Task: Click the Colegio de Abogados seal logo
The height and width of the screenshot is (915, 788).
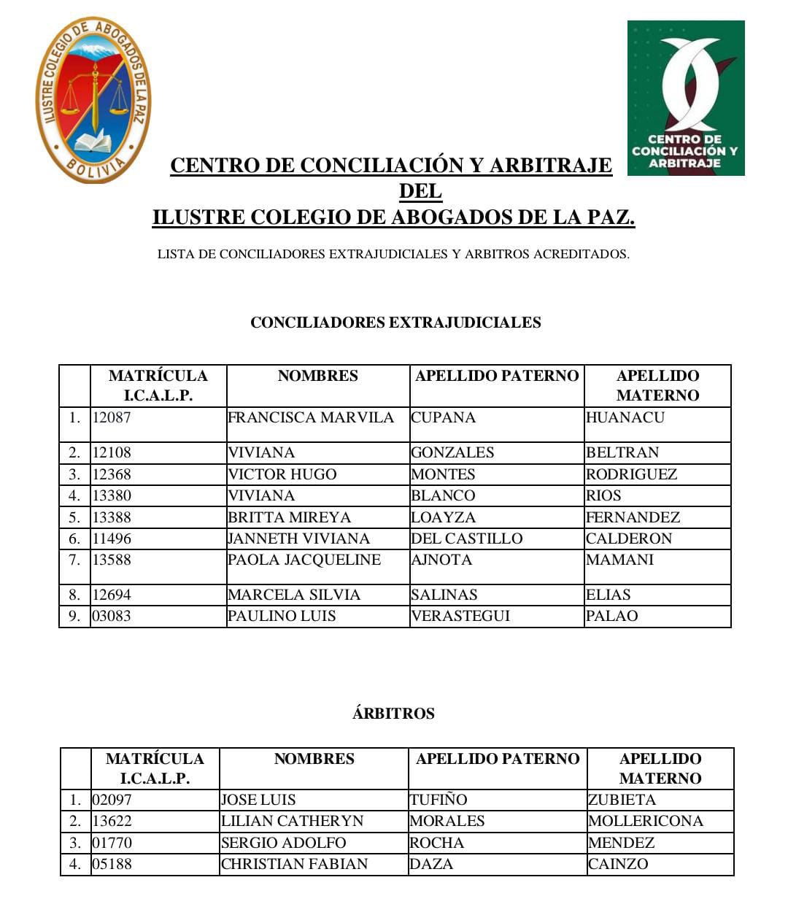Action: pyautogui.click(x=93, y=100)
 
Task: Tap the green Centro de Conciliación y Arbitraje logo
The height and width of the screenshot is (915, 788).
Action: pyautogui.click(x=685, y=98)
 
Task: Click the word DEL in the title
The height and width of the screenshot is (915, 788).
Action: pyautogui.click(x=420, y=191)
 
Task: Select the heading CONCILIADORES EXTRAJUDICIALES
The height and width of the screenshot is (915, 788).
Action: pyautogui.click(x=395, y=323)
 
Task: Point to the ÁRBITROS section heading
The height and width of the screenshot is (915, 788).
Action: pyautogui.click(x=393, y=714)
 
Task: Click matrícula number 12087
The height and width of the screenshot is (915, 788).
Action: pyautogui.click(x=112, y=418)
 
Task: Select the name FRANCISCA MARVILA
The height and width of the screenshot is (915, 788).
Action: pyautogui.click(x=311, y=418)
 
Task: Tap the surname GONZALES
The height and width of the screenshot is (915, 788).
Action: pyautogui.click(x=452, y=452)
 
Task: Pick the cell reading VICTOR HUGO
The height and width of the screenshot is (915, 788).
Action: pyautogui.click(x=282, y=474)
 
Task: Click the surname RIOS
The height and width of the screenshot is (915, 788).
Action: pyautogui.click(x=604, y=495)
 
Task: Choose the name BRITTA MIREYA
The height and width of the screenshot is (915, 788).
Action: pyautogui.click(x=290, y=517)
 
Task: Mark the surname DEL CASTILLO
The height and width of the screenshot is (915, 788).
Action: pyautogui.click(x=467, y=538)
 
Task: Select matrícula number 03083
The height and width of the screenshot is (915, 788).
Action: pyautogui.click(x=112, y=616)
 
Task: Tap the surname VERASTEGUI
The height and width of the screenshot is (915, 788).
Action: pyautogui.click(x=460, y=616)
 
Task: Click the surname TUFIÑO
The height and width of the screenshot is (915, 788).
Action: pyautogui.click(x=439, y=800)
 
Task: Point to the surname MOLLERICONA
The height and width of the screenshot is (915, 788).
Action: pyautogui.click(x=646, y=821)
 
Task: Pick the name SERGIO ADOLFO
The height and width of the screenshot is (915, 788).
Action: pyautogui.click(x=284, y=843)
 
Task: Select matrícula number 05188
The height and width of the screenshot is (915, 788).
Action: pyautogui.click(x=112, y=864)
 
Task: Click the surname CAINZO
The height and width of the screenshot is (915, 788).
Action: pyautogui.click(x=618, y=864)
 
